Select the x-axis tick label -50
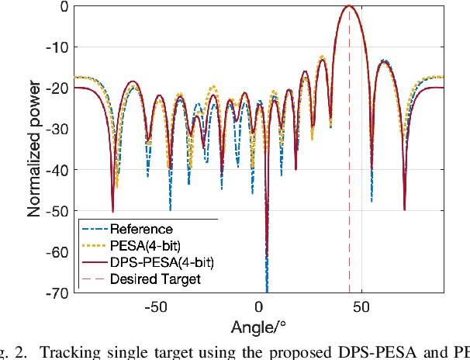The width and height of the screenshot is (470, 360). coord(156,306)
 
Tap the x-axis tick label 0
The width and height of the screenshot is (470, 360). coord(259,306)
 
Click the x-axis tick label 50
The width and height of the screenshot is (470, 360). coord(361,306)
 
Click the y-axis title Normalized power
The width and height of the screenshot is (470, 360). coord(36,150)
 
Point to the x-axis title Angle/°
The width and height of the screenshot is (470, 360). coord(258,327)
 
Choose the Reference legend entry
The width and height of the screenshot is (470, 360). coord(141,229)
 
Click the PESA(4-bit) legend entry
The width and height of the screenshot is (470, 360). coord(145,246)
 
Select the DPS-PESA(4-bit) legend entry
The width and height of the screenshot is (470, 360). coord(156,262)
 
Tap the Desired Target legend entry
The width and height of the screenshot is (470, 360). coord(155,279)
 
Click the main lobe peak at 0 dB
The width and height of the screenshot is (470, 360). coord(349,6)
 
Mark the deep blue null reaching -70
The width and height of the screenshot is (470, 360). coord(267,287)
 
